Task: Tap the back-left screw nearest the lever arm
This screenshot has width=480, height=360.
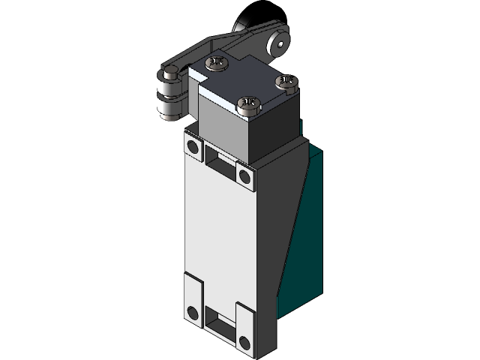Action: point(217,63)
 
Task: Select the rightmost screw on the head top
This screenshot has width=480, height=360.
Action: point(285,82)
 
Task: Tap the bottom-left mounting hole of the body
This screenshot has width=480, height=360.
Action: point(193,313)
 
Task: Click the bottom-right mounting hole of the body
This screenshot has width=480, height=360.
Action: point(244,343)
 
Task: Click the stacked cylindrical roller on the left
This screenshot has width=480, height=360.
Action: point(168,97)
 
